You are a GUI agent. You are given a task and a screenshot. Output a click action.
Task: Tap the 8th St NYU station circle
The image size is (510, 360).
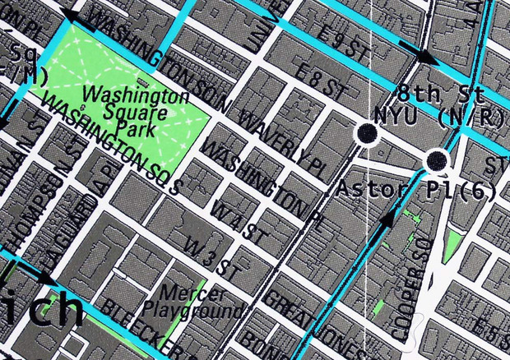pyautogui.click(x=365, y=132)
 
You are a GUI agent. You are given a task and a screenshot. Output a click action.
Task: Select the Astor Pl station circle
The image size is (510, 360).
pyautogui.click(x=437, y=159)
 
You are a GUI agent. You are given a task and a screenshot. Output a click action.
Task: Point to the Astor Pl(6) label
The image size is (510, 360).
pyautogui.click(x=396, y=190)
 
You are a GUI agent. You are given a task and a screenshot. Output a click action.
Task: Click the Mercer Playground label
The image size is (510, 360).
pyautogui.click(x=192, y=301)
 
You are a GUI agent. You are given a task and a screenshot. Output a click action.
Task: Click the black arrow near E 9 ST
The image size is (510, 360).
pyautogui.click(x=425, y=56)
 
